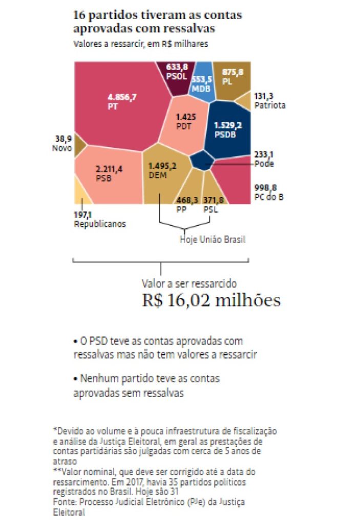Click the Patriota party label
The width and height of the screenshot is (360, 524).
coord(269,105)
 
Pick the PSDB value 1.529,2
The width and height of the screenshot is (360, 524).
coord(228,125)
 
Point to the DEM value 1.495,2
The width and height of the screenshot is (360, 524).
coord(162,166)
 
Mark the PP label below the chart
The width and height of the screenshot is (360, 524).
coord(181,210)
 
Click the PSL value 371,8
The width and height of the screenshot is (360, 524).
coord(213,200)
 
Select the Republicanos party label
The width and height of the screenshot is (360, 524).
coord(100,224)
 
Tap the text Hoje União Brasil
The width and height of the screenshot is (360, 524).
coord(212,239)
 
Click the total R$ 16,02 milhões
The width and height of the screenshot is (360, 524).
coord(211,299)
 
